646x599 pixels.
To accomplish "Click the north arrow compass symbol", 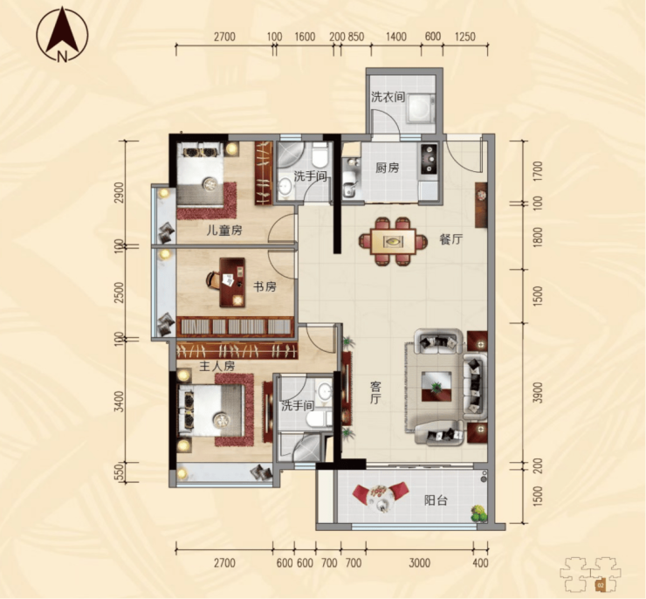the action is pos(62,35).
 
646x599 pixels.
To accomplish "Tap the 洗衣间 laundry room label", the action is pos(388,97).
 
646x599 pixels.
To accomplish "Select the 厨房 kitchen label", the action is pos(388,168).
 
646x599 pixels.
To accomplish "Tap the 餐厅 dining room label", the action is pos(451,239).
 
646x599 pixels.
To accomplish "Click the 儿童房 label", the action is pos(224,231).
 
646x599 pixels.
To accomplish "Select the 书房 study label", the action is pos(265,286).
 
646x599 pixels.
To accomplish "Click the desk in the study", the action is pos(232,283).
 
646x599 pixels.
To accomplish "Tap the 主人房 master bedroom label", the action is pos(216,366).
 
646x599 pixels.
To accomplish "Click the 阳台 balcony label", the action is pos(436,500).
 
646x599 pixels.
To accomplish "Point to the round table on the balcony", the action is pos(379,497).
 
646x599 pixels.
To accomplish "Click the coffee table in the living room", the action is pos(436,386).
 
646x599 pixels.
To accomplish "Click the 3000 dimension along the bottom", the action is pos(419,562).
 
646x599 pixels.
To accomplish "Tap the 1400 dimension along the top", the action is pos(396,37).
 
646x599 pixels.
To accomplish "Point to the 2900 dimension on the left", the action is pos(119,192).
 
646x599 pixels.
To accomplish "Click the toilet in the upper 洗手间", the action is pos(320,155).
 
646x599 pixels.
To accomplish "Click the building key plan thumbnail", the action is pos(590,574).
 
